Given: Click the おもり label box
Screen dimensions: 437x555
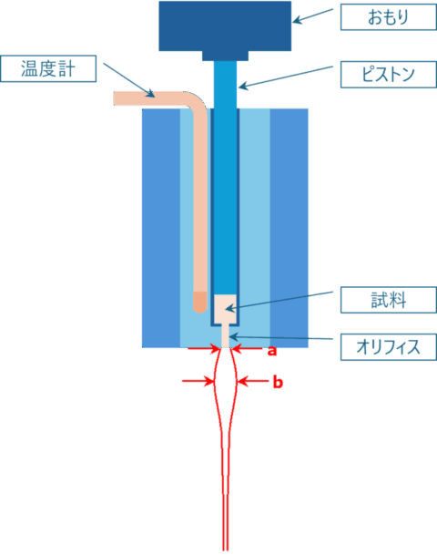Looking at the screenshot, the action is coord(389,17).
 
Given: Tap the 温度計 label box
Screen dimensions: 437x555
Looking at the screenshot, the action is coord(48,68).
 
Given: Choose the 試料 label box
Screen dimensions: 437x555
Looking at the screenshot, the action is coord(389,300).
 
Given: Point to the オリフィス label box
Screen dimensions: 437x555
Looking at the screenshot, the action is coord(389,347).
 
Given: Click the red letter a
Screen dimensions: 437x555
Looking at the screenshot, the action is coord(271,351).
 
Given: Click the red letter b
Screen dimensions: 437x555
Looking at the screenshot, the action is coord(278,382).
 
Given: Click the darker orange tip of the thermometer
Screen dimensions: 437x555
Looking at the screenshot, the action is coord(199,302).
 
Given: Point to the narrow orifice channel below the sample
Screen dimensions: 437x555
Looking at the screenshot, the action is coord(225,335).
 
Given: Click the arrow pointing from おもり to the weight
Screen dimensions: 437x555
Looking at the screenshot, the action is coord(313,15).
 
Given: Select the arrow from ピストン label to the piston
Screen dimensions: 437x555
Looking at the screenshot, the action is coord(286,77).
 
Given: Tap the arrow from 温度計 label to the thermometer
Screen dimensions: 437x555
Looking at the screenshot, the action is coord(129,80).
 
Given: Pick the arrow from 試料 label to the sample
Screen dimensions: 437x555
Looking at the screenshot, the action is coord(279,301).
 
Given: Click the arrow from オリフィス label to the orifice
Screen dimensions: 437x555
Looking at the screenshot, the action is coord(281,337).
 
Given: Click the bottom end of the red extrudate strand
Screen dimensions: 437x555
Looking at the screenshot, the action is coord(226,550).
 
